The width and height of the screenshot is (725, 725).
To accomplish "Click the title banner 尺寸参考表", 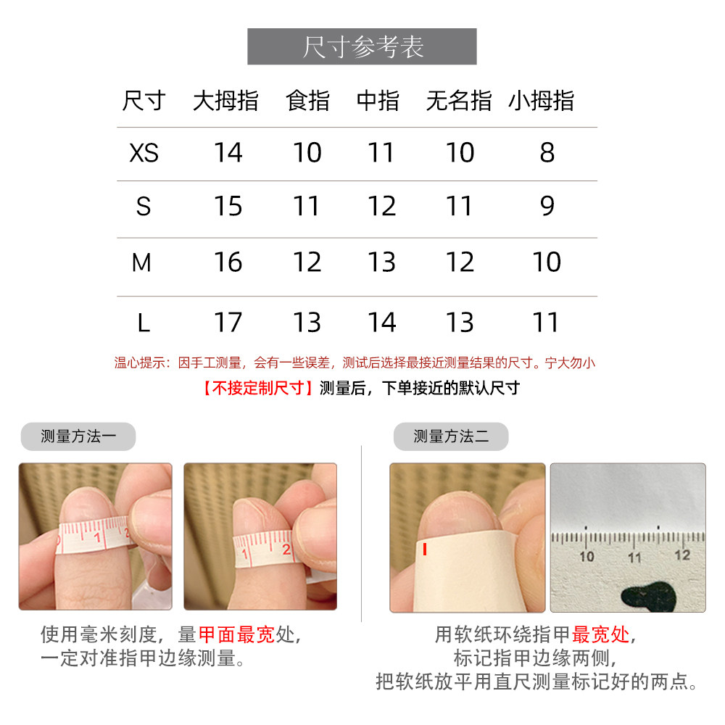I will coord(362,46).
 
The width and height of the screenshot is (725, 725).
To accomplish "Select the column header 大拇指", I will coord(225,101).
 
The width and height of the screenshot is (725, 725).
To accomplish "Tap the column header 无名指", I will coord(458,101).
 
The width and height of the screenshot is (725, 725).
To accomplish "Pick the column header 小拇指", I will coord(541,101).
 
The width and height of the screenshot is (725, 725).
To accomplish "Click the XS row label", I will coord(144,153).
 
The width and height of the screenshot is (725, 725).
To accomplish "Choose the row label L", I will coord(144,322).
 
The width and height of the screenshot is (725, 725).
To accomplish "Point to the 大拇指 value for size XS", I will coord(228,153).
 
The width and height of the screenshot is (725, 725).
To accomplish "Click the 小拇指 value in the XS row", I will coord(547,153).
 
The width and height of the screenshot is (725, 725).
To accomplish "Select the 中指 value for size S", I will coord(381,207).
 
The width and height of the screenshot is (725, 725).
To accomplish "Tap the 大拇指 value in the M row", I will coord(228,262).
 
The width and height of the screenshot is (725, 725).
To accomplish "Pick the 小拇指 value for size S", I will coord(547,207).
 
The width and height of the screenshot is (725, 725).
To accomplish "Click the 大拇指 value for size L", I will coord(228,322).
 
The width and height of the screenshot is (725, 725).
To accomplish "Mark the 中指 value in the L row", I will coord(381,322).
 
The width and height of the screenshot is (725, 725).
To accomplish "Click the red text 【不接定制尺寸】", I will coord(257,388).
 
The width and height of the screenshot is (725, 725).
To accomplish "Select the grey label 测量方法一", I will coord(78,436).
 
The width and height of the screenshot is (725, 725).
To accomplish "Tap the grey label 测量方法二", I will coord(450,436).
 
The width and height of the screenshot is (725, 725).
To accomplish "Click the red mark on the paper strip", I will coord(424,550).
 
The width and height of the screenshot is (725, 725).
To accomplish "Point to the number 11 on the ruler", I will coord(635,557).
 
